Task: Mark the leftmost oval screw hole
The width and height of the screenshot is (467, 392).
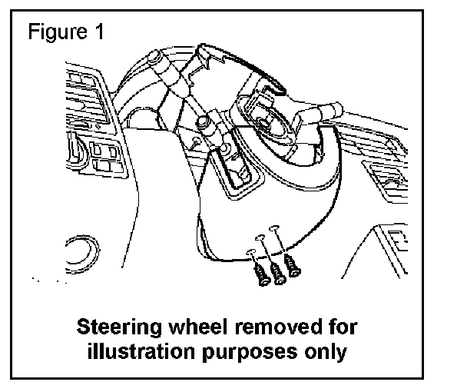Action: (251, 252)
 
